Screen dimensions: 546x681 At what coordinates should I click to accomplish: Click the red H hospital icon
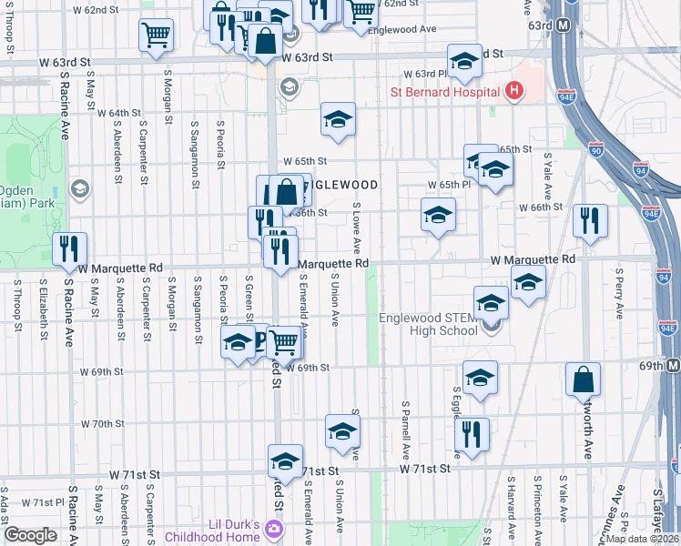[x=514, y=91]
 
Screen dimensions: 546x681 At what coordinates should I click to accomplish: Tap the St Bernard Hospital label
[x=444, y=92]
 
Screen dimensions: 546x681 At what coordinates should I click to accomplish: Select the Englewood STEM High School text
[x=428, y=324]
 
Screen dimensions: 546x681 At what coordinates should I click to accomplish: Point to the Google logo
[x=30, y=534]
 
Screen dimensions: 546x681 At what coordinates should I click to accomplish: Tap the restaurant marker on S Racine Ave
[x=69, y=248]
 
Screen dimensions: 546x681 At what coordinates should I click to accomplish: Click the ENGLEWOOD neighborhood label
[x=341, y=185]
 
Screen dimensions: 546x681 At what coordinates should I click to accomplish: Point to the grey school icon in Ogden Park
[x=79, y=188]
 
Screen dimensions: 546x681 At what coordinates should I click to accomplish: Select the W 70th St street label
[x=102, y=424]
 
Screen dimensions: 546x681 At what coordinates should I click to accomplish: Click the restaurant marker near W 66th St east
[x=590, y=220]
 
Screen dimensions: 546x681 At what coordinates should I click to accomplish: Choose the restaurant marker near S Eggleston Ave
[x=472, y=434]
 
